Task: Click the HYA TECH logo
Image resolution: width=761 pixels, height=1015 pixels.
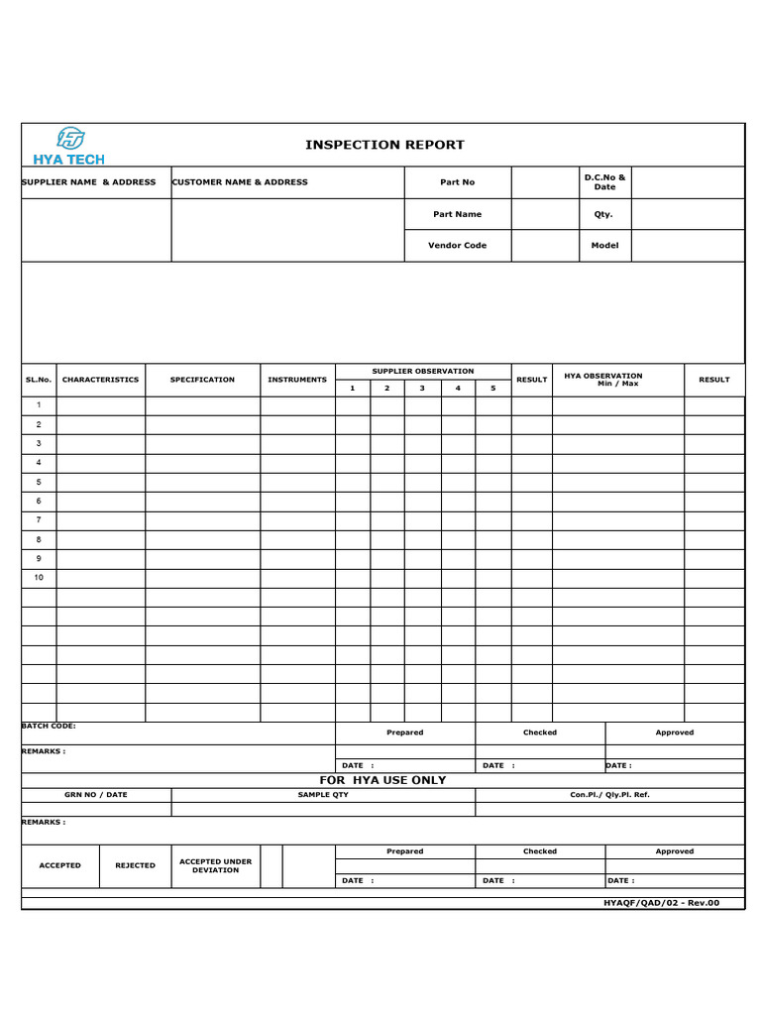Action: pyautogui.click(x=68, y=145)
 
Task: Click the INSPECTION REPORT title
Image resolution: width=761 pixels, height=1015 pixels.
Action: pyautogui.click(x=384, y=145)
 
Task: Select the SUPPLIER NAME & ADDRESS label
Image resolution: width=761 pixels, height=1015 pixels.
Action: pyautogui.click(x=89, y=182)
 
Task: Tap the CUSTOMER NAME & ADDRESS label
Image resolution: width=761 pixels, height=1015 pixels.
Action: pyautogui.click(x=240, y=182)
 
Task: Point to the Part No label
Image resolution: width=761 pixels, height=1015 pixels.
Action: pyautogui.click(x=457, y=182)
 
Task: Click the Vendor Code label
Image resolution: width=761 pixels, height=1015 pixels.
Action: pyautogui.click(x=457, y=246)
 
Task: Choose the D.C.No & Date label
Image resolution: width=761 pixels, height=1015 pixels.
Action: pyautogui.click(x=604, y=182)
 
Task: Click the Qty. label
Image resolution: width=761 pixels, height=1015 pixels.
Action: pyautogui.click(x=603, y=214)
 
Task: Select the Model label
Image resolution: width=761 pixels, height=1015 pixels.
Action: pyautogui.click(x=604, y=246)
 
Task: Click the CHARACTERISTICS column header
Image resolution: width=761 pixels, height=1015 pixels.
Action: pyautogui.click(x=100, y=380)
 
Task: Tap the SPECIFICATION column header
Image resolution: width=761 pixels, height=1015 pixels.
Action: pyautogui.click(x=202, y=380)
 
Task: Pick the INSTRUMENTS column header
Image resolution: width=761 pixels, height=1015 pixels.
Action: pyautogui.click(x=297, y=380)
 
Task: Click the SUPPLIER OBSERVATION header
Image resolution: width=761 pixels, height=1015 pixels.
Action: pyautogui.click(x=423, y=371)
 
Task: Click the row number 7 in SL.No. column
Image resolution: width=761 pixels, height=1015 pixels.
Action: pyautogui.click(x=39, y=519)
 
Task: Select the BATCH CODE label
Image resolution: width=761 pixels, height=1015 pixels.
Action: pyautogui.click(x=49, y=726)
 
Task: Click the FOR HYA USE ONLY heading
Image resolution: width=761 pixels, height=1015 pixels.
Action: pyautogui.click(x=382, y=780)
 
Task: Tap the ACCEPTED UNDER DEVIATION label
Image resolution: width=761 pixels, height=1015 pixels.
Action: pyautogui.click(x=215, y=865)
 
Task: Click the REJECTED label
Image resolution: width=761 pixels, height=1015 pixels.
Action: pyautogui.click(x=135, y=865)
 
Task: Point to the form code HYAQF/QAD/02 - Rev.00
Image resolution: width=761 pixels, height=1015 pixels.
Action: pyautogui.click(x=661, y=903)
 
